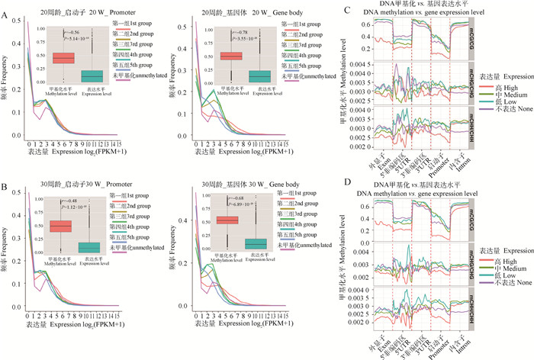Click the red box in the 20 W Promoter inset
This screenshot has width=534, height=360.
tap(63, 58)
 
